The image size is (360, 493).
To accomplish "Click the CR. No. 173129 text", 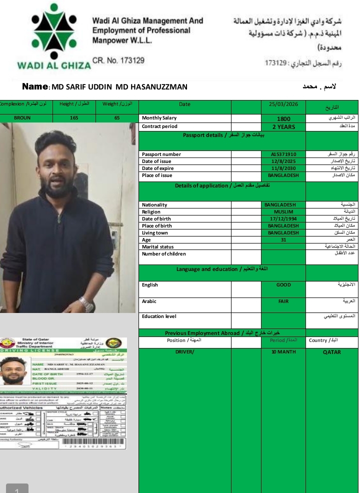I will [118, 60].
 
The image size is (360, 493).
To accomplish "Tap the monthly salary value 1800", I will [283, 119].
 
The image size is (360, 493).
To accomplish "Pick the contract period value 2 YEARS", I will [283, 126].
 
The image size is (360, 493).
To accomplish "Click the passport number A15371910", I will [283, 154].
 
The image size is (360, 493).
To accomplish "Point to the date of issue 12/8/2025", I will [283, 161].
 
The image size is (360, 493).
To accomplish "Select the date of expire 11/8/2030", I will [283, 168].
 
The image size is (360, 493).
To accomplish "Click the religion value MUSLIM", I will [283, 211].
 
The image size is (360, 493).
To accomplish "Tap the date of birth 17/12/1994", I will [283, 218].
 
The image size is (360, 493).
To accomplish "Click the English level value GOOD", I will [283, 285].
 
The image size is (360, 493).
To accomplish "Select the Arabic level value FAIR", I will [283, 301].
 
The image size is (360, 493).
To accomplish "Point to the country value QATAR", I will [331, 352].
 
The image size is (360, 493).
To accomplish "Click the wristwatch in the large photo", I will [86, 303].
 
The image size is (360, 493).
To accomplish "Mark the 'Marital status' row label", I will [157, 247].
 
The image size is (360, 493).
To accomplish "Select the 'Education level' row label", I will [159, 316].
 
